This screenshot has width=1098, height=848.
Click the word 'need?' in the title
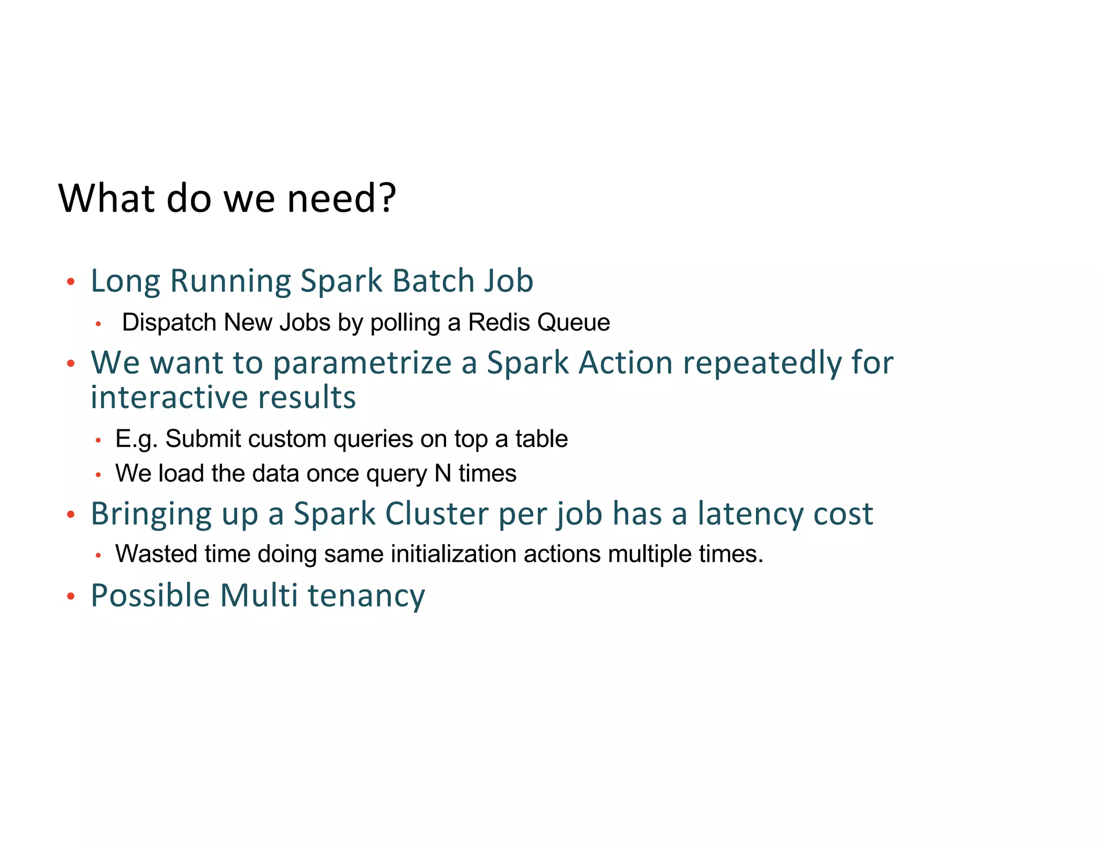pos(342,198)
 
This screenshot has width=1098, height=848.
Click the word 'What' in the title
pos(107,198)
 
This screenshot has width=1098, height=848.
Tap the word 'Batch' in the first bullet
pos(434,280)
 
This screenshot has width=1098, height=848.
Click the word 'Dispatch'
pos(169,323)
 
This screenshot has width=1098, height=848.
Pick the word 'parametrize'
pos(362,363)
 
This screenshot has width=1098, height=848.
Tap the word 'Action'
pos(626,363)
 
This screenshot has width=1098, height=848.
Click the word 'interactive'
pos(169,397)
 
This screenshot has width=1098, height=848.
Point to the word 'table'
pos(541,439)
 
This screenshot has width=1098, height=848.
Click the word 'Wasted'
pos(156,554)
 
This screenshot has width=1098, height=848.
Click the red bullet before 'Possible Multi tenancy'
pos(71,596)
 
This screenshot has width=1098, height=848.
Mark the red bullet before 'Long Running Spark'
pos(71,282)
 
